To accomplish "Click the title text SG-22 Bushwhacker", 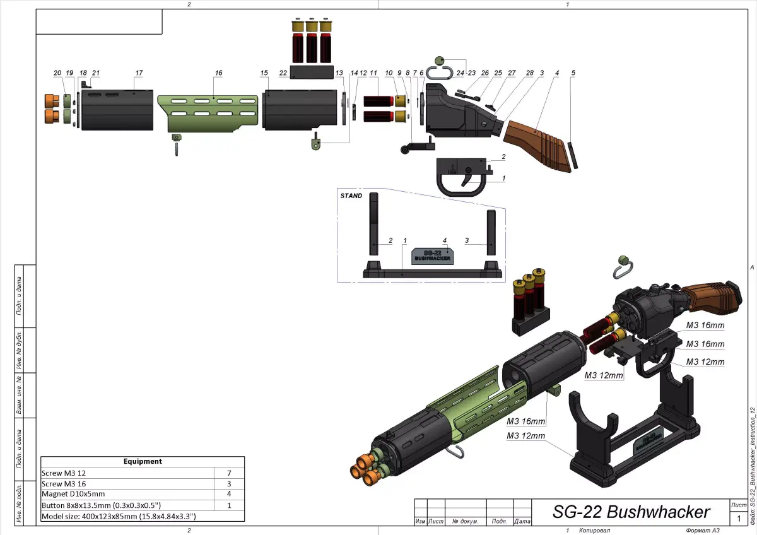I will (631, 512).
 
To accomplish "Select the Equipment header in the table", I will (143, 462).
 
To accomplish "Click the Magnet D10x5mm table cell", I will (73, 494).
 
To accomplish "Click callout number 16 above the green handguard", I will (218, 73).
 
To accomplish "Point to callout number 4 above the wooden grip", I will (556, 73).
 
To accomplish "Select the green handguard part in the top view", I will (208, 114).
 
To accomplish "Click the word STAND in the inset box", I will (351, 196).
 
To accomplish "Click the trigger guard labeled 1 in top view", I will (460, 180).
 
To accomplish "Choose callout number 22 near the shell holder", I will (283, 73).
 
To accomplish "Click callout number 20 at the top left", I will (57, 73).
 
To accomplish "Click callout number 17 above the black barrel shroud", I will (138, 73).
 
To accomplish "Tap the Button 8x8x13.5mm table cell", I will (100, 505).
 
